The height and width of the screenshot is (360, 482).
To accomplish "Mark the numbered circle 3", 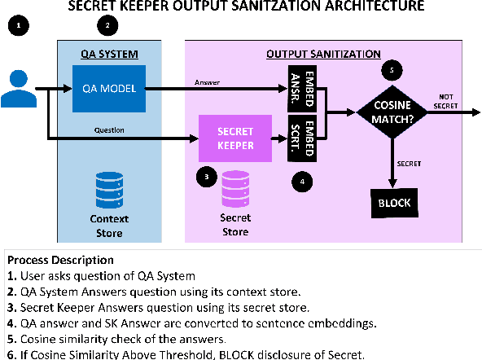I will coord(208,175).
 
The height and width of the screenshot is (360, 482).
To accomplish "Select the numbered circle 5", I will coord(393,71).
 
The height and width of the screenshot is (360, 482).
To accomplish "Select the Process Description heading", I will coord(61,260).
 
